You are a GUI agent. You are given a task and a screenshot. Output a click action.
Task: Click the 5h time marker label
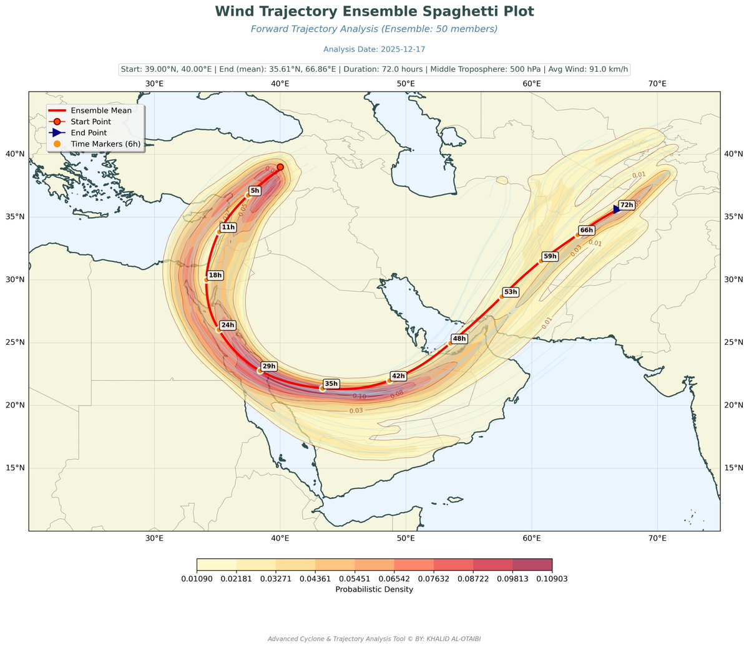coord(255,191)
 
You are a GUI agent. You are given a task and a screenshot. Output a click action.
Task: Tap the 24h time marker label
coord(228,325)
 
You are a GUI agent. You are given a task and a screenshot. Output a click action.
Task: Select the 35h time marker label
coord(331,384)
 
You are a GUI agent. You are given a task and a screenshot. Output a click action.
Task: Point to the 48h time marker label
coord(459,339)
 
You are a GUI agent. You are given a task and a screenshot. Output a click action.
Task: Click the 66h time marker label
coord(587,230)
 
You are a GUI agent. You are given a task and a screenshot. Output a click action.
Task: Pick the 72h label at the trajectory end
coord(627,205)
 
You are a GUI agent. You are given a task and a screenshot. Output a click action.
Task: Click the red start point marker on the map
coord(280,167)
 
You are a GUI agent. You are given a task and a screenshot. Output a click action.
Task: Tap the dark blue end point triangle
coord(617,209)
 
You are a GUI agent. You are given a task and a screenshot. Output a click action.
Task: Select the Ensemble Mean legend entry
coord(101,110)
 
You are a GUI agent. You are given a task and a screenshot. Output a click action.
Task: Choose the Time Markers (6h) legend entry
coord(105,144)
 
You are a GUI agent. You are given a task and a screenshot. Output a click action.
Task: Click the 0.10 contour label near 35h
coord(360,397)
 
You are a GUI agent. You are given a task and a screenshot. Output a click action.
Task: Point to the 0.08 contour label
coord(397,394)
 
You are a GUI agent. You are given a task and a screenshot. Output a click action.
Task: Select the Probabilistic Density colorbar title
coord(374,589)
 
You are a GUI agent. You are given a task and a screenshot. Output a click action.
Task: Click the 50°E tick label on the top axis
coord(406,84)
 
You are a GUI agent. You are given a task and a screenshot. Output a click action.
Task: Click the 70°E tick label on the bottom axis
coord(657,538)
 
